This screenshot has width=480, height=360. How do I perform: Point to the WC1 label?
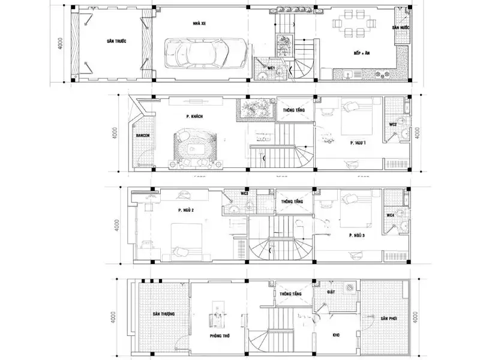point(271,68)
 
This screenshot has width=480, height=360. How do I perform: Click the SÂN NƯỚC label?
point(401,28)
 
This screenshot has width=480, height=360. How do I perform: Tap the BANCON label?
point(143,136)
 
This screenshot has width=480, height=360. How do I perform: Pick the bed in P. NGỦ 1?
point(359,117)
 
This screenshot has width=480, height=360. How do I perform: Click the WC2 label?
point(393,124)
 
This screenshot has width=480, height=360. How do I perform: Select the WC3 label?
point(244,194)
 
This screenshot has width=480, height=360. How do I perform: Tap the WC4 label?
point(390,215)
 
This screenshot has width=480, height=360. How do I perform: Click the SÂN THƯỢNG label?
point(163,314)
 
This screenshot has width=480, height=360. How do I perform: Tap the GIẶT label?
point(331,291)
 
